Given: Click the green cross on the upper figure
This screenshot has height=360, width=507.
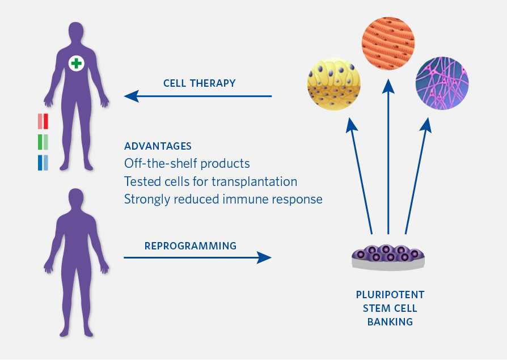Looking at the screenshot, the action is (x=77, y=63).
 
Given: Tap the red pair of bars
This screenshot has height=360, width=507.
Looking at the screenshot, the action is (x=43, y=121).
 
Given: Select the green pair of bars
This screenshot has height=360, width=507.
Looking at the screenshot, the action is (x=43, y=142).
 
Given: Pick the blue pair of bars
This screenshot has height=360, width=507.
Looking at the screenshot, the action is (x=43, y=163).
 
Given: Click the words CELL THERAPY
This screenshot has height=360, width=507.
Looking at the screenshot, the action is (x=200, y=83).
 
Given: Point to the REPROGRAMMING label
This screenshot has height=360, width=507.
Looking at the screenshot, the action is (x=191, y=246).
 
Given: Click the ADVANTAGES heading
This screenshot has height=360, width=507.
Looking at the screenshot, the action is (x=158, y=146).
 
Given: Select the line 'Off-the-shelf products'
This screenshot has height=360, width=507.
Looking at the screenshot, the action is (x=187, y=163).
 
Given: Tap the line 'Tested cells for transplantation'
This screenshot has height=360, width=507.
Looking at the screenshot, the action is (x=210, y=181).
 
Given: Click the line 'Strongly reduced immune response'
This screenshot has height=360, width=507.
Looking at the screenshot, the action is (x=223, y=200).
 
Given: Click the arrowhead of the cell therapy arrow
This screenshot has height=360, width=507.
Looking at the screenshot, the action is (x=131, y=96).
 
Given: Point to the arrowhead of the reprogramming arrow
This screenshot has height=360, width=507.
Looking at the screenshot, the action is (x=264, y=257).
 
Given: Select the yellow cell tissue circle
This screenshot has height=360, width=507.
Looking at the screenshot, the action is (x=333, y=84).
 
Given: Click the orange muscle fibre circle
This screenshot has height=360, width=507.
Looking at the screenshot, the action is (x=388, y=44).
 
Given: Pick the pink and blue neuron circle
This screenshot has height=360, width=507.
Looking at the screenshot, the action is (x=442, y=83).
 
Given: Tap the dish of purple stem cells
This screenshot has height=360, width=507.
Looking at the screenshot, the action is (x=388, y=257).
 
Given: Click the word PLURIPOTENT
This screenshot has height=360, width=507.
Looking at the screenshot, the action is (x=390, y=295).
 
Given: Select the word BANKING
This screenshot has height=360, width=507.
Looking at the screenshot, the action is (x=390, y=322).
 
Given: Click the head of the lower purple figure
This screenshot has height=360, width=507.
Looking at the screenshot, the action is (x=76, y=198).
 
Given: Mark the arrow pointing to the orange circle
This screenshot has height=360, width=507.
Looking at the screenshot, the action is (x=388, y=156).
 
